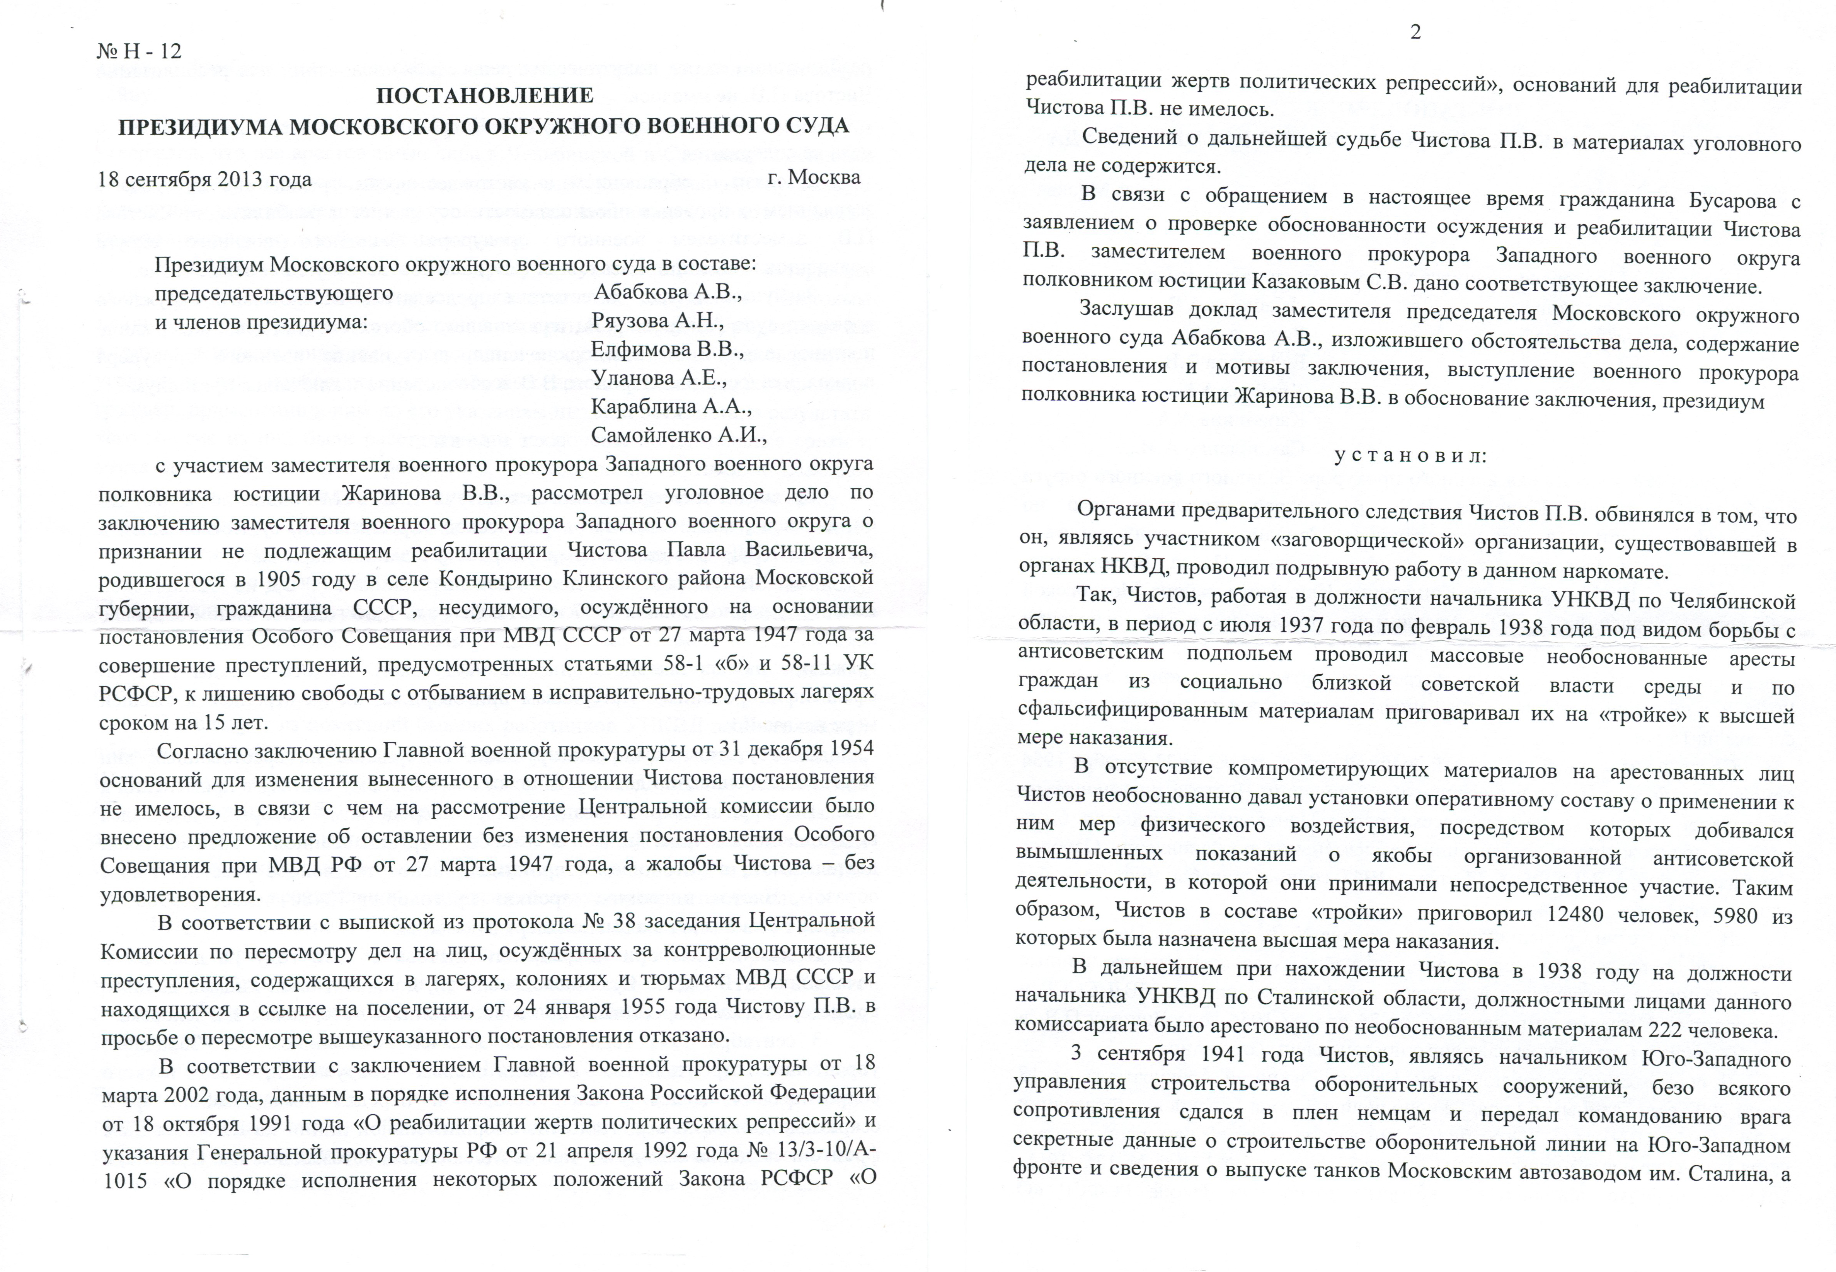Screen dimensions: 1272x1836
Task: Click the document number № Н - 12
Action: pos(140,52)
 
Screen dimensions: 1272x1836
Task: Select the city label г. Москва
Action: pos(814,177)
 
